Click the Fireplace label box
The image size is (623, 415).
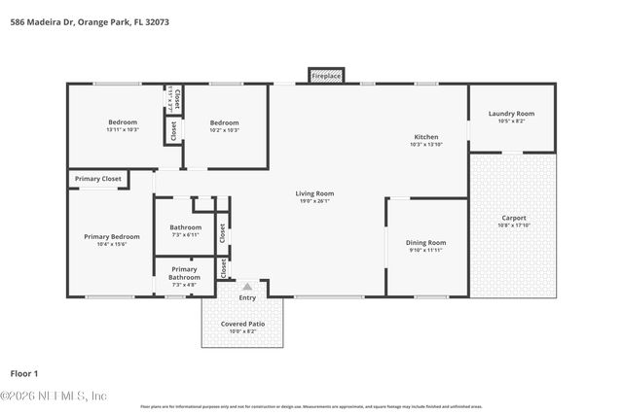(x=325, y=75)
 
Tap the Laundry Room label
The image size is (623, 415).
(x=511, y=114)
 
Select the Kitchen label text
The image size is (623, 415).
(x=425, y=137)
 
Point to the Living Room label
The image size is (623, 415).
(x=314, y=193)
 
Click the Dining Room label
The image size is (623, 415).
(x=425, y=242)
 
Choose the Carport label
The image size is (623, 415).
(x=513, y=218)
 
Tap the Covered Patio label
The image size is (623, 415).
(x=242, y=324)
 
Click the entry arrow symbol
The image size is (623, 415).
(x=247, y=287)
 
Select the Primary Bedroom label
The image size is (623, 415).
(x=111, y=236)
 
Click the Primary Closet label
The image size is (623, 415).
(x=98, y=179)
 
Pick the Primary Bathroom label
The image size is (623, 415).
(x=184, y=273)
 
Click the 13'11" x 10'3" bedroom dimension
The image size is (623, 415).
(x=123, y=129)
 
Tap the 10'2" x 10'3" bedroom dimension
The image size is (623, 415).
(x=225, y=129)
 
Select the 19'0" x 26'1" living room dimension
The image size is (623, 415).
(x=314, y=201)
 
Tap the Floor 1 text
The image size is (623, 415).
(x=23, y=373)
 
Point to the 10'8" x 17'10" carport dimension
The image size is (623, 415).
(x=513, y=225)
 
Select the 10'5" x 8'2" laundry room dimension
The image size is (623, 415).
(x=511, y=121)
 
